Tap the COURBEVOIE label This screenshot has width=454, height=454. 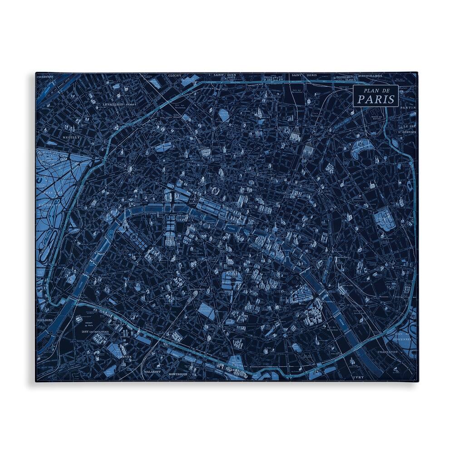pyautogui.click(x=45, y=77)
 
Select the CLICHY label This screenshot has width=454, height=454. pyautogui.click(x=174, y=75)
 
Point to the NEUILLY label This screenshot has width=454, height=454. pyautogui.click(x=71, y=137)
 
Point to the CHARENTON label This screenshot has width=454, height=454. pyautogui.click(x=386, y=351)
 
